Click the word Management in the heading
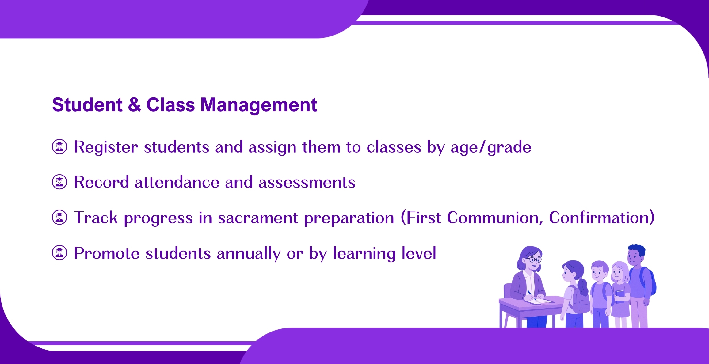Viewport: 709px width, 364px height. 258,105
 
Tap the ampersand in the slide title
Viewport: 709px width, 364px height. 135,104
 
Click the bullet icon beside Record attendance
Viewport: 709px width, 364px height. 59,182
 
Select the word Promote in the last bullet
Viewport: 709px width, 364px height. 107,254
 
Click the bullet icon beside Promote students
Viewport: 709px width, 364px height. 59,253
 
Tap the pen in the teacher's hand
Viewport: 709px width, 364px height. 532,295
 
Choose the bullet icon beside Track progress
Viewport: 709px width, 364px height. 59,218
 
